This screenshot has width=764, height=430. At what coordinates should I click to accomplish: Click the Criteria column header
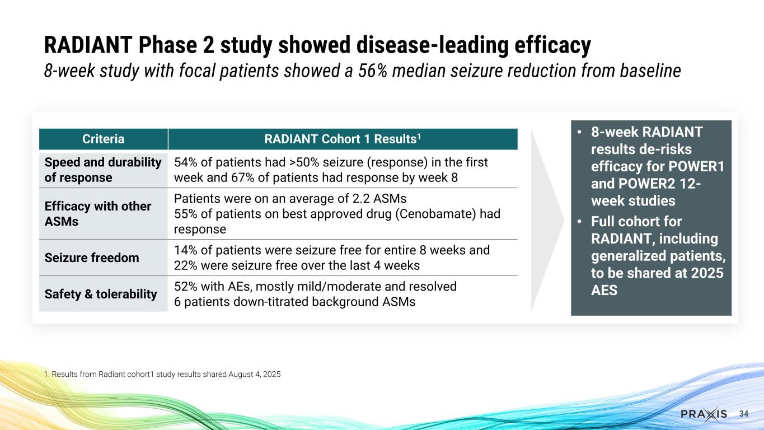(x=104, y=139)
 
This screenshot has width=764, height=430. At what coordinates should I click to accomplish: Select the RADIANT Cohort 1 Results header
(x=342, y=139)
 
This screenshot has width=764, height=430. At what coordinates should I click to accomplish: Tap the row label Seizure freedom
(x=92, y=258)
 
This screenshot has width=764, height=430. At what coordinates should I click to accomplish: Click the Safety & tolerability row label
(x=101, y=294)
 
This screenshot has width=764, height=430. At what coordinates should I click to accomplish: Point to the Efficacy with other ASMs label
(x=97, y=214)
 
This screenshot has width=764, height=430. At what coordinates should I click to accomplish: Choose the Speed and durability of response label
(x=103, y=170)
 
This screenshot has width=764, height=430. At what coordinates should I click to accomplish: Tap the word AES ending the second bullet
(x=604, y=291)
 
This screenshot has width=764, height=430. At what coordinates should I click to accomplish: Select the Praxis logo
(x=704, y=414)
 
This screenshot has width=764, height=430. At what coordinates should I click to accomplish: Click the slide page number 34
(x=744, y=414)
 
